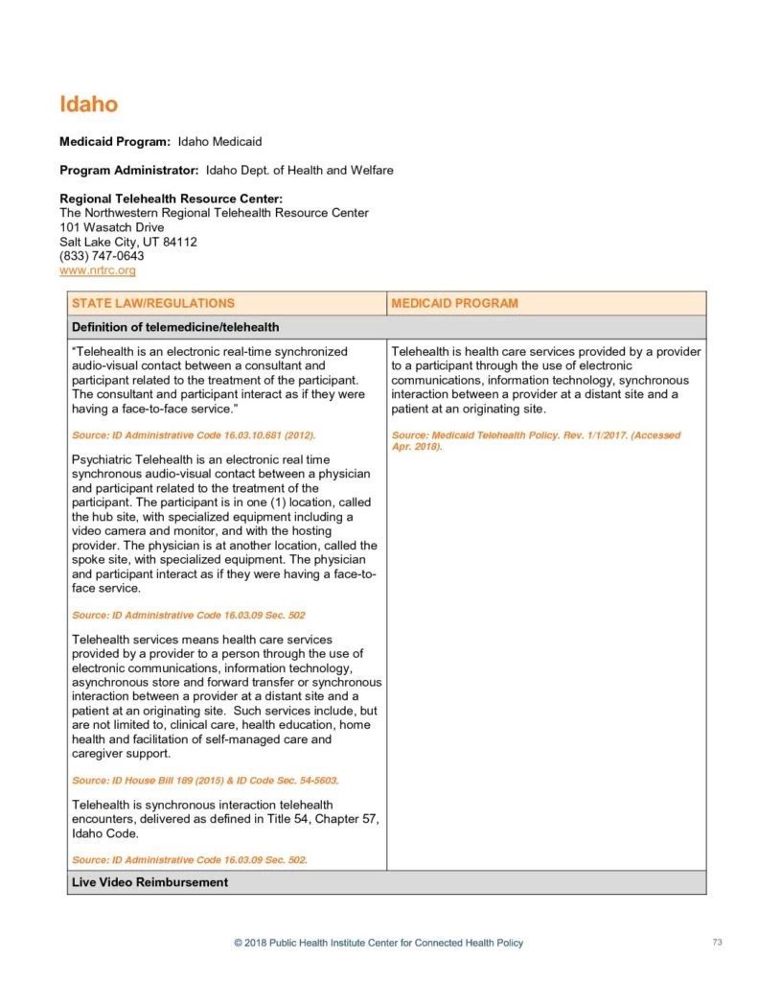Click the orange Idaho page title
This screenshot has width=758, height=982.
click(88, 104)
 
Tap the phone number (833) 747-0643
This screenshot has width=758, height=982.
click(102, 256)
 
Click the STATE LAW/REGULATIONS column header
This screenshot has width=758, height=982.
click(153, 303)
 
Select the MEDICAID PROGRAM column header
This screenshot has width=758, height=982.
click(455, 303)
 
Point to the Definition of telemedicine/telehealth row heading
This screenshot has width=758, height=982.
click(175, 327)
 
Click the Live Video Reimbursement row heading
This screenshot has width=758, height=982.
click(149, 882)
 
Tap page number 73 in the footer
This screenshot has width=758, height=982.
click(717, 943)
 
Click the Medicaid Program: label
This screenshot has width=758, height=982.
click(115, 142)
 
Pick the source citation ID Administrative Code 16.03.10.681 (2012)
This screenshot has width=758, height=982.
click(194, 435)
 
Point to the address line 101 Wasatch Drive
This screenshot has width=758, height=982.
click(111, 227)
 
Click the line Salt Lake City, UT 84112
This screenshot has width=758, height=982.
click(128, 242)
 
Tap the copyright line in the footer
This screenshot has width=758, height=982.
click(379, 944)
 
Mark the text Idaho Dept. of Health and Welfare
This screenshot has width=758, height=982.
click(300, 171)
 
